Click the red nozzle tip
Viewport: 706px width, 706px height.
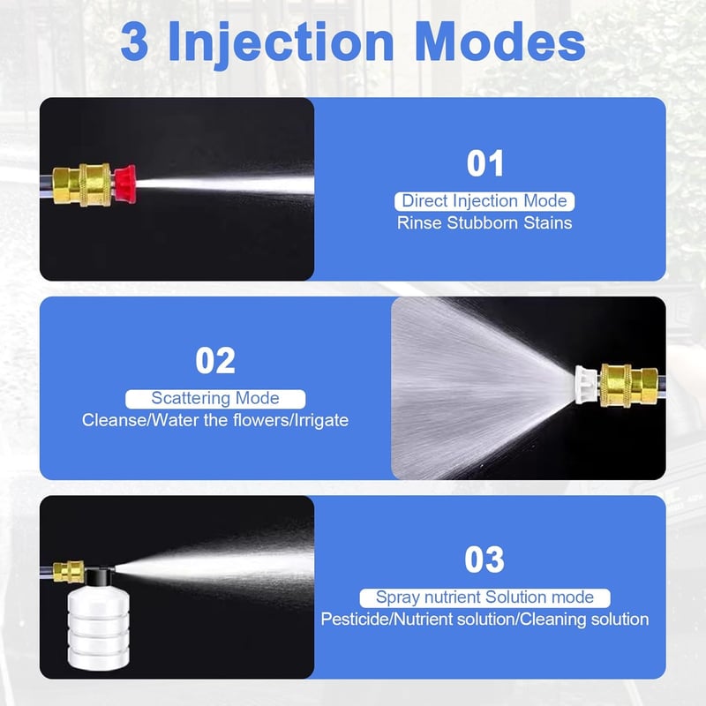(124, 184)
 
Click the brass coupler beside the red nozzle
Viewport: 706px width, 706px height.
(82, 185)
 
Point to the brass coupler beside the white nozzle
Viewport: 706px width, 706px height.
(629, 385)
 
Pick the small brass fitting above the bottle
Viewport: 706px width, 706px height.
(69, 572)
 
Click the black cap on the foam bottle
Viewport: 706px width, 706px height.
(99, 576)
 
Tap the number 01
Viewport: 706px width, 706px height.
(484, 163)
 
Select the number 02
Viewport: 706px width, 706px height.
(215, 360)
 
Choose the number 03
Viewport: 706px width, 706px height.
(484, 560)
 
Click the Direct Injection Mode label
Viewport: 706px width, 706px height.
(484, 201)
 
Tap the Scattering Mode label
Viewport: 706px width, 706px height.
(215, 399)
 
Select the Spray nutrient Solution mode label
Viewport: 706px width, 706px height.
(484, 597)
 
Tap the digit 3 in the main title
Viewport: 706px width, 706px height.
(134, 41)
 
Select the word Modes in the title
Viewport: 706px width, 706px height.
(499, 41)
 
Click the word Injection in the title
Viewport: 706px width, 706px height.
(281, 43)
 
